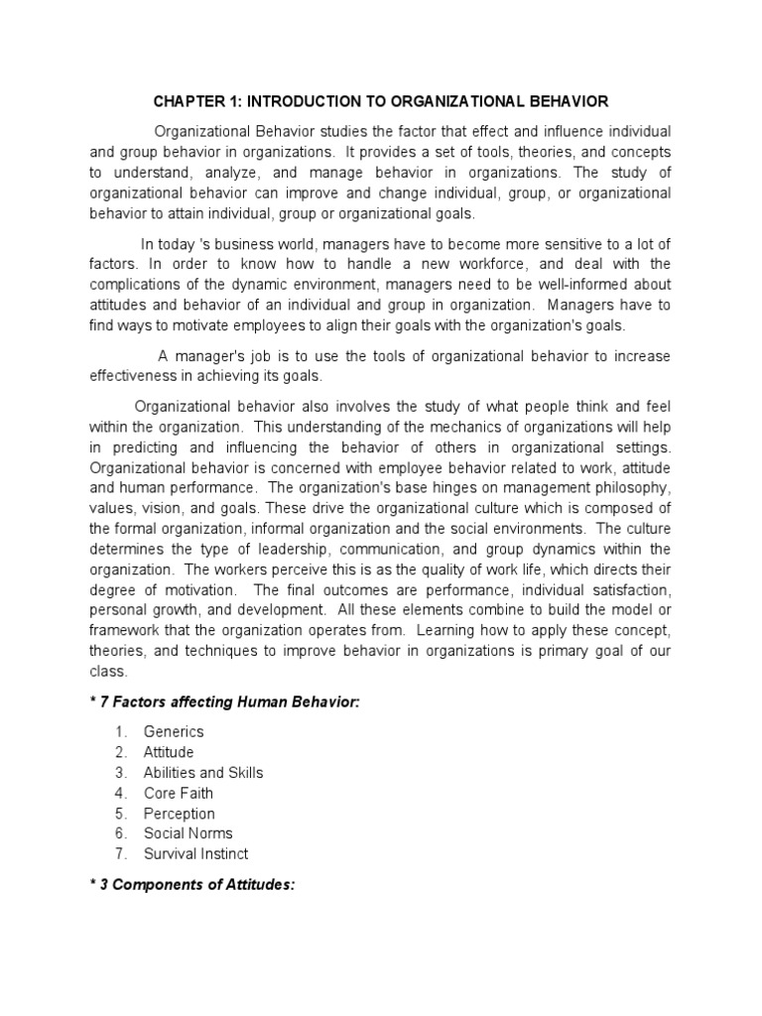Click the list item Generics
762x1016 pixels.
click(173, 732)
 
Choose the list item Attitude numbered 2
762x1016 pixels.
click(169, 752)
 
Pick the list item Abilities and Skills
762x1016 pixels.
click(203, 773)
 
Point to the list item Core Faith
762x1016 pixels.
click(178, 793)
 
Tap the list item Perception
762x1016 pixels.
click(179, 814)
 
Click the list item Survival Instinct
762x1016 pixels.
click(195, 854)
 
